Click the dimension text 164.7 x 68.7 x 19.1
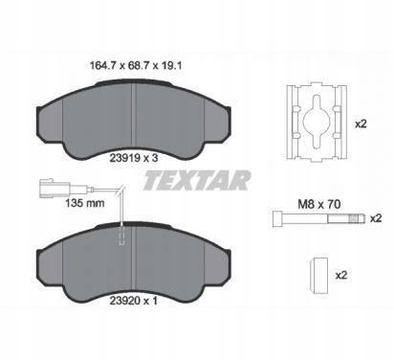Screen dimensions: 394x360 (136, 66)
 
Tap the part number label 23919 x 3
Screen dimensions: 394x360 (134, 158)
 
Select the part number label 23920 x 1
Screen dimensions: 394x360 (134, 301)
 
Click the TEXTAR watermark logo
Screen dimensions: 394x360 (197, 181)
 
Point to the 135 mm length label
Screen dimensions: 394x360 (85, 203)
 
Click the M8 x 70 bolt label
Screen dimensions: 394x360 (319, 204)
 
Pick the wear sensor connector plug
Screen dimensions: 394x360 (54, 189)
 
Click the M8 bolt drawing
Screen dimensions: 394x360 (318, 218)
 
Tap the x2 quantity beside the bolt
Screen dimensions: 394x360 (376, 218)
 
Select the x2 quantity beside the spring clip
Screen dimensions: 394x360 (361, 124)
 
